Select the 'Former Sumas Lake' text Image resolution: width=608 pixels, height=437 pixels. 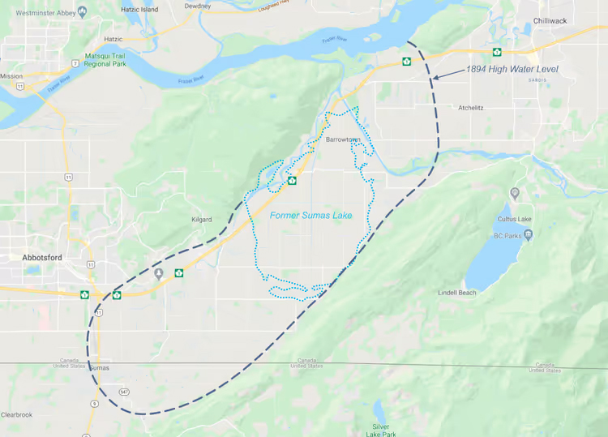[310, 215]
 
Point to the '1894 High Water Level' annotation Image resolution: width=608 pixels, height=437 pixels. [512, 70]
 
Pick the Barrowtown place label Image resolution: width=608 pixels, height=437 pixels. [343, 139]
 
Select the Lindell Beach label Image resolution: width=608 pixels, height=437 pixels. [457, 292]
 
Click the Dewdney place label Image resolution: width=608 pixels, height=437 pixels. [197, 5]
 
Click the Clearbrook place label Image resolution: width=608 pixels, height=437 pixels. [16, 414]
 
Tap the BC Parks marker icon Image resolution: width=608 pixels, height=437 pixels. [528, 235]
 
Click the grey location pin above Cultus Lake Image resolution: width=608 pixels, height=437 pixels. [515, 194]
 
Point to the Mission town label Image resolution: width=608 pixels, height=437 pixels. [11, 76]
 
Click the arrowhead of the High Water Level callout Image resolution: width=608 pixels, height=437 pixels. [435, 78]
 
